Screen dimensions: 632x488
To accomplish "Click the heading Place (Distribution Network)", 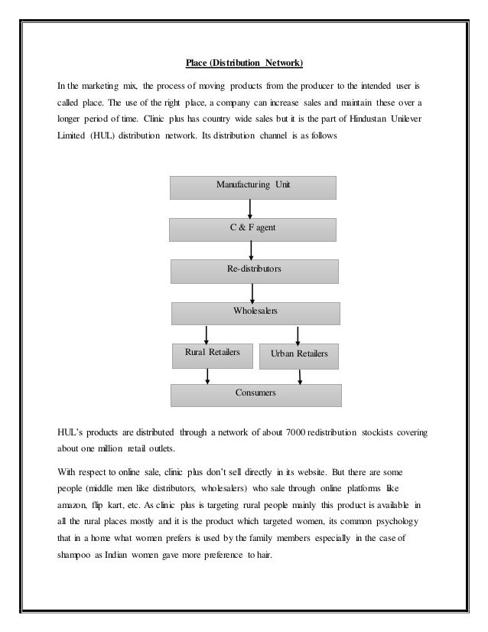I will click(x=244, y=62).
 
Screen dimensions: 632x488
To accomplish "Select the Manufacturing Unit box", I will click(x=253, y=187).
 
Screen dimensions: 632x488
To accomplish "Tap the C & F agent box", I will click(x=253, y=229).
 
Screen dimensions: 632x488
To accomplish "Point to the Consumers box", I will click(x=255, y=394).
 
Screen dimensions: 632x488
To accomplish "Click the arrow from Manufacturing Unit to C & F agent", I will click(x=250, y=208).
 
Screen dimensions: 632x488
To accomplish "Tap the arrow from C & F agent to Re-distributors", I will click(x=252, y=250).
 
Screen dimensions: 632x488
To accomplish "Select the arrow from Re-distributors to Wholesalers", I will click(x=252, y=292).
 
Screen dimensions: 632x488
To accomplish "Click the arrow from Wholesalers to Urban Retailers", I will click(x=298, y=335).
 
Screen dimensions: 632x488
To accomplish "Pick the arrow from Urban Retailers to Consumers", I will click(x=301, y=375).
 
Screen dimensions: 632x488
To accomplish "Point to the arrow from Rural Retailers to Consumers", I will click(x=207, y=375).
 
